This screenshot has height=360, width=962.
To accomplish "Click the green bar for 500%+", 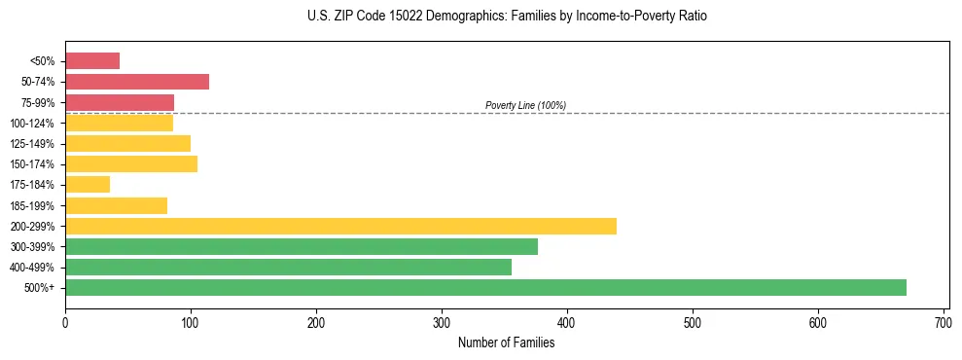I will tap(485, 287).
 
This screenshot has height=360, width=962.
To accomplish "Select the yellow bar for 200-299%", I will tap(340, 226).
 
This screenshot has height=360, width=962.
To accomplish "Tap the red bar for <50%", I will tap(92, 61).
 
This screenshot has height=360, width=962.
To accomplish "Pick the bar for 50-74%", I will tap(137, 82).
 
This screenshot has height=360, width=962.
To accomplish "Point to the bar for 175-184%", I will tap(88, 185).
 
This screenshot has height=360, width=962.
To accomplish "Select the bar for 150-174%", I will tap(131, 163).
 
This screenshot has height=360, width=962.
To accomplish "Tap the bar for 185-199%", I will tap(116, 205).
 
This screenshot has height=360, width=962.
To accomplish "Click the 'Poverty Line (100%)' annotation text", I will tap(525, 105).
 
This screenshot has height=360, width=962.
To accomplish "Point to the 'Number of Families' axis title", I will tap(507, 342).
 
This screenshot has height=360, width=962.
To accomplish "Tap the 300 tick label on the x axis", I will tap(442, 319).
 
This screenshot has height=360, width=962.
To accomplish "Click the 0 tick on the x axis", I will tap(65, 319).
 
